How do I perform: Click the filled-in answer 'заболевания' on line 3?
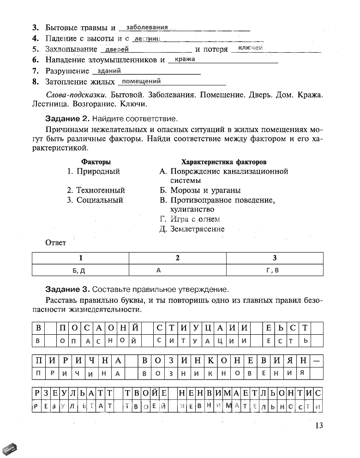pos(146,27)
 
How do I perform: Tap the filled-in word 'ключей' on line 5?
pos(251,48)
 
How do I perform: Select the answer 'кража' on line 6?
pos(185,59)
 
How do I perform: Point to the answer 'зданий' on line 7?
pos(109,71)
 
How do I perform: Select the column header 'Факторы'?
pos(96,162)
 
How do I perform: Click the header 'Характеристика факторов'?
pos(224,162)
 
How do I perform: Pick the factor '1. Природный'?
pos(93,171)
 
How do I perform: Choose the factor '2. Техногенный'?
pos(96,190)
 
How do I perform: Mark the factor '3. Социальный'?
pos(95,200)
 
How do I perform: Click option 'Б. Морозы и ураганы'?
pos(200,190)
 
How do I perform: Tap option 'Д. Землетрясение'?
pos(192,229)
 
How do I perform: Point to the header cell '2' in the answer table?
pos(177,258)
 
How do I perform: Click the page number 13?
pos(318,426)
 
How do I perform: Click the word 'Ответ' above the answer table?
pos(55,242)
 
